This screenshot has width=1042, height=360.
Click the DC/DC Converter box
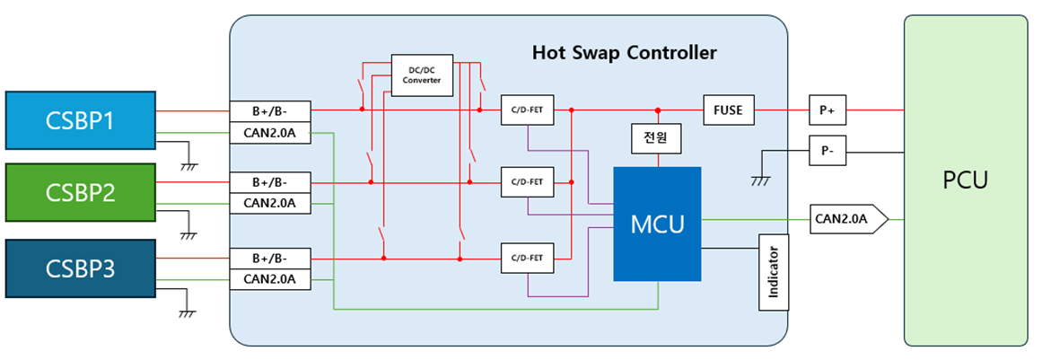click(x=422, y=75)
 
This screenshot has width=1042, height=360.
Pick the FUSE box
click(x=729, y=110)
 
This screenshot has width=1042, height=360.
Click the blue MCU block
click(x=657, y=224)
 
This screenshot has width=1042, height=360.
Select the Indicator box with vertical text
click(x=773, y=272)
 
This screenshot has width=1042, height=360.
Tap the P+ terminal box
click(x=827, y=110)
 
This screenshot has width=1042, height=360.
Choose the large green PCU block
click(x=965, y=180)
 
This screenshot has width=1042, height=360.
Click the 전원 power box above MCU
click(x=658, y=139)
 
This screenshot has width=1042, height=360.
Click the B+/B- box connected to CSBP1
click(x=270, y=110)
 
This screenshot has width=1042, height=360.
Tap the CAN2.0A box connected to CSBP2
click(x=270, y=203)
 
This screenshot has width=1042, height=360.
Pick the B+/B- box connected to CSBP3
click(x=270, y=259)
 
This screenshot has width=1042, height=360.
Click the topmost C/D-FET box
click(x=527, y=110)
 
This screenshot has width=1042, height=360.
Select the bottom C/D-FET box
click(x=527, y=259)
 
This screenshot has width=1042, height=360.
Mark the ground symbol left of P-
click(x=761, y=180)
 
